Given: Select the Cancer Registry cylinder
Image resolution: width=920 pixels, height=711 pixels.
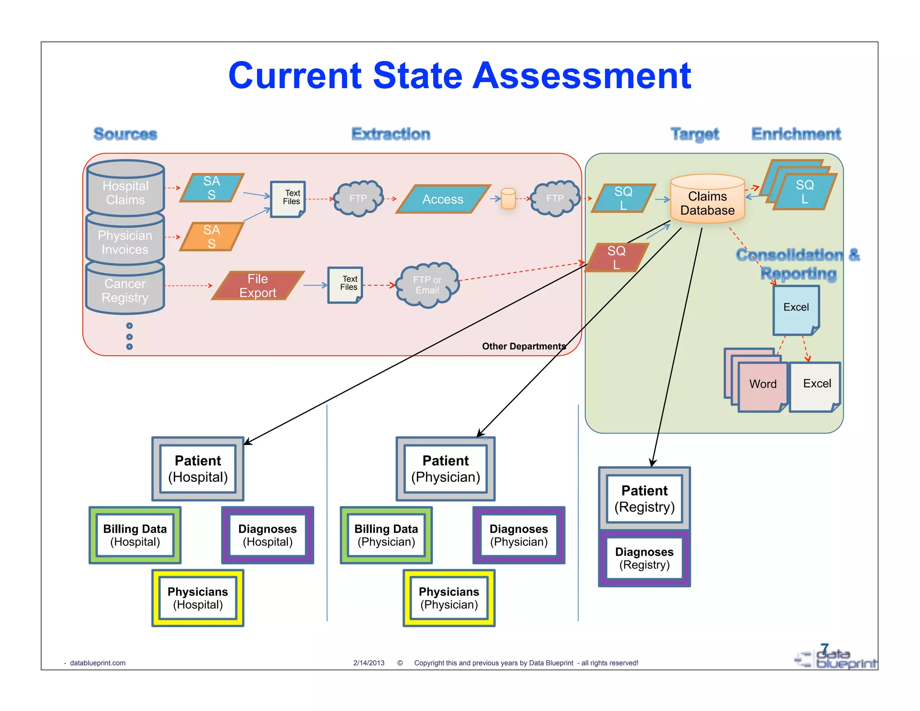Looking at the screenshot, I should pos(125,290).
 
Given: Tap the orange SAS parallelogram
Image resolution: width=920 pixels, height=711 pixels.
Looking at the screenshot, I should pos(212,237).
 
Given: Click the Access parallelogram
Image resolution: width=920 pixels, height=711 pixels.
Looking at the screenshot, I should pos(442,199).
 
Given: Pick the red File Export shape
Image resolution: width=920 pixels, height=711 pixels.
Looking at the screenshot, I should pos(257,286).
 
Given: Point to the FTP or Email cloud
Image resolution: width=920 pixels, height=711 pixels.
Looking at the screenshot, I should pos(427,285).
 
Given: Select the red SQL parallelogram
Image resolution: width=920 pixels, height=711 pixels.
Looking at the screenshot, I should pos(616,258).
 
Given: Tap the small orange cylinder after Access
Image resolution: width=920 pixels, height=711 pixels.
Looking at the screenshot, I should pos(508,199).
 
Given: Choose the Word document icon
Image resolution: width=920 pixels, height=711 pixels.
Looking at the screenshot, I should pos(762,386).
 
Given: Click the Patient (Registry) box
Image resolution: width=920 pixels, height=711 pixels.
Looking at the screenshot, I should pos(644,498).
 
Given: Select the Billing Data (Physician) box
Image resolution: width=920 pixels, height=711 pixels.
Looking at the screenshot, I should pos(386,535).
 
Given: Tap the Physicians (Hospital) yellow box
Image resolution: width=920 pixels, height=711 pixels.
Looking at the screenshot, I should pos(198,598).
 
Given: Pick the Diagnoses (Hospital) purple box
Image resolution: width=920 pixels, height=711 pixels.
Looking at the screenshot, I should pos(267,535).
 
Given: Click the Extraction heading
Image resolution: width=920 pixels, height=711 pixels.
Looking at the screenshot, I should pos(390,134).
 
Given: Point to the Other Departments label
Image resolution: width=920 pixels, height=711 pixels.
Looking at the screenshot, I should pos(523,346).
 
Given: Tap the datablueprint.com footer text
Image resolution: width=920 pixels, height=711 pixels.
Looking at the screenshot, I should pos(97,663).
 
